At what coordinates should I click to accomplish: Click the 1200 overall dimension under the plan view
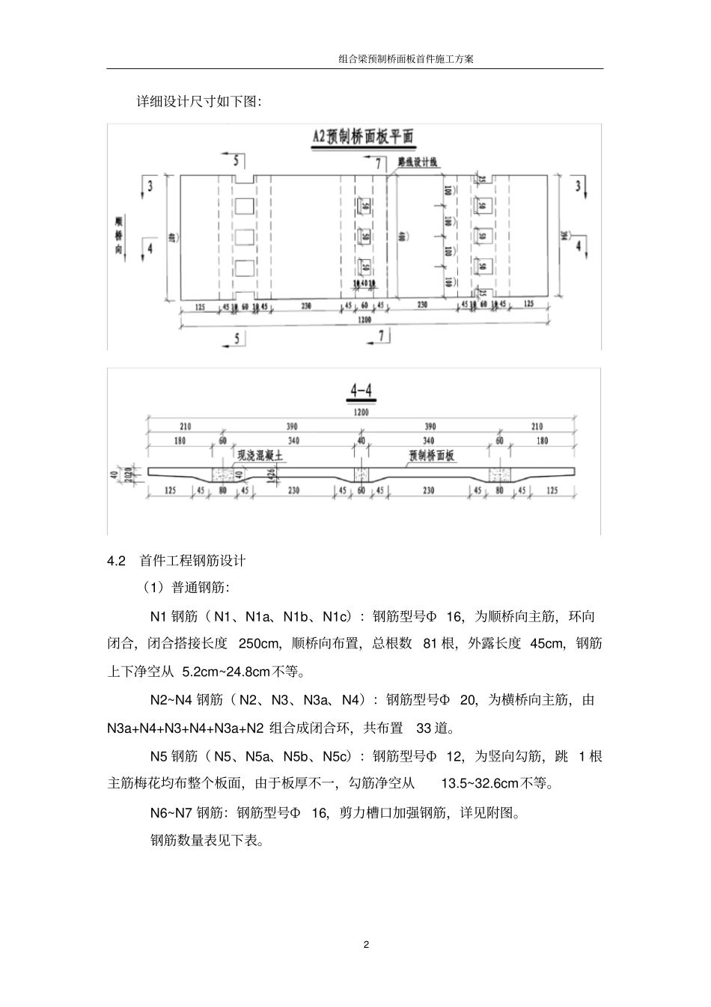[364, 320]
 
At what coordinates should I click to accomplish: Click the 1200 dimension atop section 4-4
[362, 411]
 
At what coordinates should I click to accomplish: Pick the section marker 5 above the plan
[237, 159]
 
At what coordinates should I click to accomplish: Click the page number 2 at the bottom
[366, 944]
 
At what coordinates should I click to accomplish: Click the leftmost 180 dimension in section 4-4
[180, 441]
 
